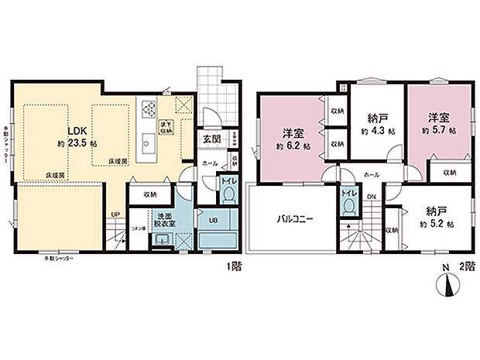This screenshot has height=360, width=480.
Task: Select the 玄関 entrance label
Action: coord(211,139)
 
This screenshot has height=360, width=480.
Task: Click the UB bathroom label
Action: coord(214,221)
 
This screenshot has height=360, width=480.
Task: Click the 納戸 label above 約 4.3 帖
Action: coord(378,119)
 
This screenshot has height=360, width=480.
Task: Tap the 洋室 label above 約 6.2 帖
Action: coord(291,131)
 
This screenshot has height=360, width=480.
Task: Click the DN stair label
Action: coord(371,197)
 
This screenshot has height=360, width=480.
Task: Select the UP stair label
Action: coord(115,214)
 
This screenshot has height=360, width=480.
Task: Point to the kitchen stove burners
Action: coord(148,108)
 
